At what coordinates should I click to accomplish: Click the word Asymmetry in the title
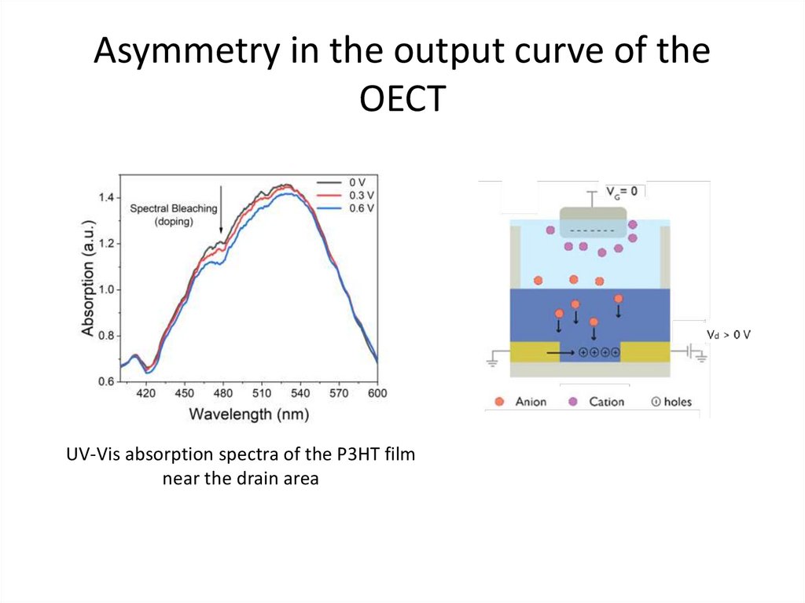(x=187, y=53)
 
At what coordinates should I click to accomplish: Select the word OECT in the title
(x=402, y=99)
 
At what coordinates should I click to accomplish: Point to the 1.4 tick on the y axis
(x=105, y=197)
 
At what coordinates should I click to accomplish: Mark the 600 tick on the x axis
(x=377, y=393)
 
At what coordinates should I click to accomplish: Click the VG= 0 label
(x=620, y=191)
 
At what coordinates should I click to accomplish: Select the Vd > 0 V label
(x=729, y=335)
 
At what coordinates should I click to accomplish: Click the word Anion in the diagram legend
(x=531, y=402)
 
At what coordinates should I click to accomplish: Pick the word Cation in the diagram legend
(x=606, y=402)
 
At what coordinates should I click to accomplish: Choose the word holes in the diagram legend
(x=678, y=402)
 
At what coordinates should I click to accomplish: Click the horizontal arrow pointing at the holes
(x=561, y=353)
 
